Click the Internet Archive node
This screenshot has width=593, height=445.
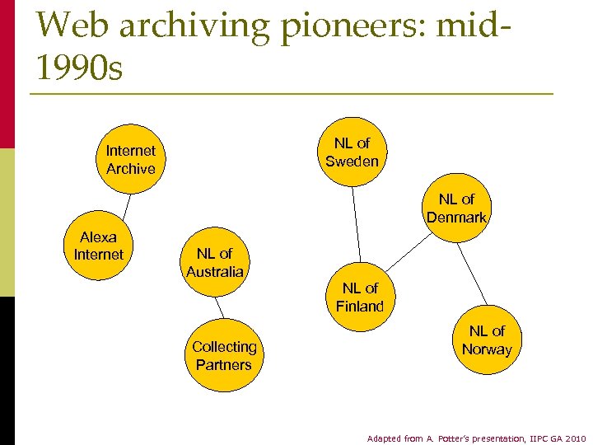pyautogui.click(x=130, y=160)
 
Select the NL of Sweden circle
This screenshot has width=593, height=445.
pyautogui.click(x=352, y=152)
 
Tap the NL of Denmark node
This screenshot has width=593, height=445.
pyautogui.click(x=456, y=208)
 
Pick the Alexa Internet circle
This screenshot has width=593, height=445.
pyautogui.click(x=99, y=246)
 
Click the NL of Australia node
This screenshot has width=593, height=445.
pyautogui.click(x=214, y=263)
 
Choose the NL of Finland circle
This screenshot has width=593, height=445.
pyautogui.click(x=360, y=297)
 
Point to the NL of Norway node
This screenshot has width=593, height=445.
pyautogui.click(x=487, y=340)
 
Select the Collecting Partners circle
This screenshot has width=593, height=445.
pyautogui.click(x=224, y=356)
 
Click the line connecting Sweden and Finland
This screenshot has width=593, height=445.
pyautogui.click(x=356, y=224)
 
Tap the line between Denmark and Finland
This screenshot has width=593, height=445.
pyautogui.click(x=408, y=254)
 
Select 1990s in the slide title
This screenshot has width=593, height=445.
pyautogui.click(x=79, y=68)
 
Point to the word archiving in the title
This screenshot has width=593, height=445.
pyautogui.click(x=194, y=26)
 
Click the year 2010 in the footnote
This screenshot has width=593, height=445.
pyautogui.click(x=574, y=438)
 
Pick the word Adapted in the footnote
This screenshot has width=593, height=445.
pyautogui.click(x=384, y=438)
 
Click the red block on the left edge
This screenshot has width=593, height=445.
pyautogui.click(x=7, y=74)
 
